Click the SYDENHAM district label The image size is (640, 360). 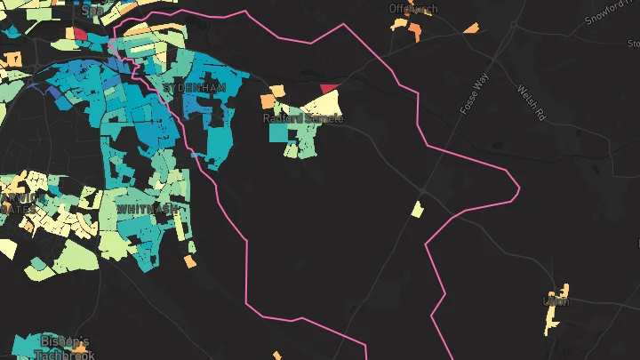click(195, 88)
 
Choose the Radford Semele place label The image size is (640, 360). click(302, 118)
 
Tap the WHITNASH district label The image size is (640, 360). click(147, 208)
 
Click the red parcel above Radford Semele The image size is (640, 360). click(330, 87)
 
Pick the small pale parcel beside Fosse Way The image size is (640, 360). click(417, 210)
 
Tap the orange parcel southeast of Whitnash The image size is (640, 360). click(190, 261)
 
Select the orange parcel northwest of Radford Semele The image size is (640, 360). click(276, 91)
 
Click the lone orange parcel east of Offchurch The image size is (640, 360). click(470, 28)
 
